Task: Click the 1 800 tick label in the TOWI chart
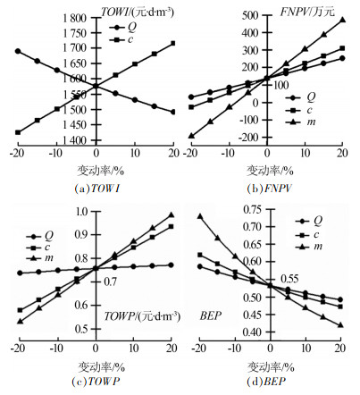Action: tap(75, 19)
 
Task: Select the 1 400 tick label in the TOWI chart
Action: tap(75, 140)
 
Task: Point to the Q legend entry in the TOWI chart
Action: tap(123, 28)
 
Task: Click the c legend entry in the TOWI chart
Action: tap(121, 39)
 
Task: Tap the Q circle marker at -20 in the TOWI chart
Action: tap(18, 51)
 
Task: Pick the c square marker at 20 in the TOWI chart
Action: tap(173, 43)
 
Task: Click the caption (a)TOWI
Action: tap(97, 189)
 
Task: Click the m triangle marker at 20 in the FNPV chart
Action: tap(342, 20)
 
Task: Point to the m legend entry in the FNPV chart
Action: tap(300, 122)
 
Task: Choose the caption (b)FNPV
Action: tap(270, 189)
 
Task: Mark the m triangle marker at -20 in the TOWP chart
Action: tap(20, 322)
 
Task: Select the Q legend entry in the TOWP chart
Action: tap(39, 237)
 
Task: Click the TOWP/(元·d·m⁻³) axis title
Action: tap(142, 316)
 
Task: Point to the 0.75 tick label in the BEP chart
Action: tap(253, 209)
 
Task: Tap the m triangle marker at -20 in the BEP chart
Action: tap(200, 216)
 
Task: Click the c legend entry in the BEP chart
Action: tap(307, 235)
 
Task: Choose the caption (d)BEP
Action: tap(266, 382)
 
